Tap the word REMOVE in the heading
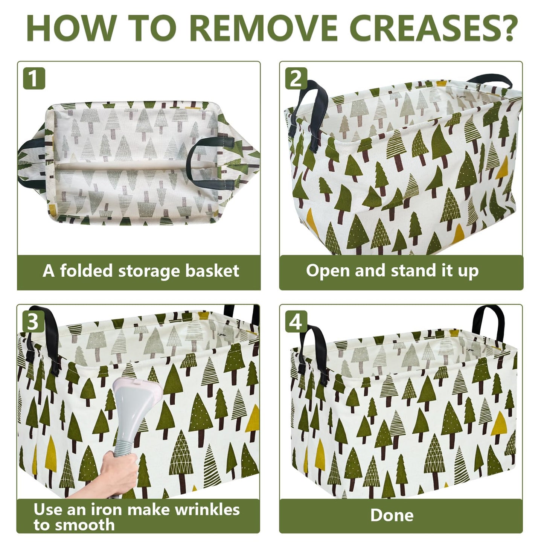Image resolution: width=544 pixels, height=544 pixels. [x=264, y=29]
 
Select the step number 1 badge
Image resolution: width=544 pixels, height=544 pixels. [x=34, y=78]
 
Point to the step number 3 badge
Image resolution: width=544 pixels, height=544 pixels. [x=34, y=322]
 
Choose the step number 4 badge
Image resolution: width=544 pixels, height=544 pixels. [x=296, y=322]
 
